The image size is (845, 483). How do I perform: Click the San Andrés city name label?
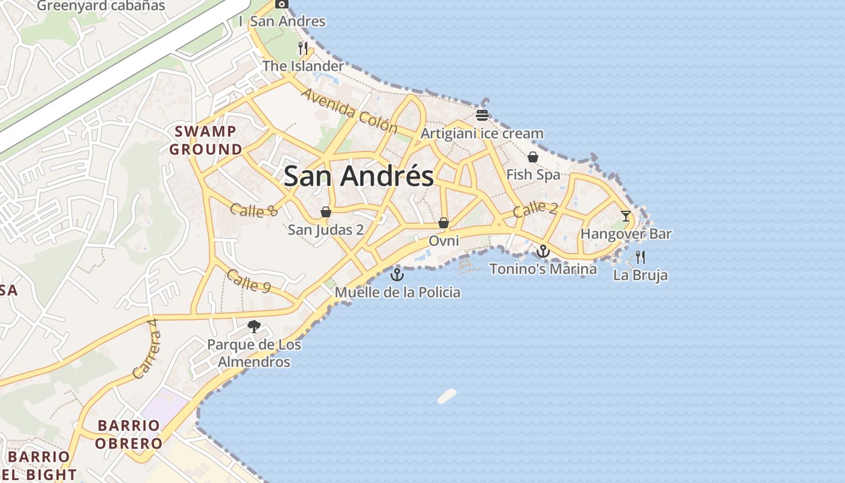(x=359, y=176)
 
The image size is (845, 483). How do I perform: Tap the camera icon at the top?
(x=281, y=4)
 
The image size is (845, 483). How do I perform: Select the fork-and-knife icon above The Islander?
(x=303, y=48)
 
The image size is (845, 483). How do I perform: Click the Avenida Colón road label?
(x=349, y=111)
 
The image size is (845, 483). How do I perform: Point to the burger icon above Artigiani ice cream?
(x=482, y=115)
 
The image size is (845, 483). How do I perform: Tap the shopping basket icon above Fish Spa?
(x=533, y=157)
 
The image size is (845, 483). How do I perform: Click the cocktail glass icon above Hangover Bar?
(x=626, y=216)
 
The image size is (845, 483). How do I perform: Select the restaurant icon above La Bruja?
(x=640, y=257)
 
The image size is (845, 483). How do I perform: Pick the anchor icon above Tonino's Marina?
(x=543, y=251)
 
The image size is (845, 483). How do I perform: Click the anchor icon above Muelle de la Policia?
(x=397, y=275)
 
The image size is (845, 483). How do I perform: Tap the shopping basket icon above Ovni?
(x=444, y=223)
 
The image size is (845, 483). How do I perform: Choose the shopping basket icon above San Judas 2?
(x=326, y=212)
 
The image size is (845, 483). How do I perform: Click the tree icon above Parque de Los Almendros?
(x=254, y=327)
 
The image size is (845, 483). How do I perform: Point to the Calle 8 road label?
(x=253, y=210)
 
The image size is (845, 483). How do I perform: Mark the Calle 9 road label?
(x=248, y=281)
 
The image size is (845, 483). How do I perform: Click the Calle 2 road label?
(x=535, y=209)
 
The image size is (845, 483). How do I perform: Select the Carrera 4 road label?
(x=147, y=357)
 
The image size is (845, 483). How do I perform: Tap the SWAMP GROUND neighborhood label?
(x=206, y=140)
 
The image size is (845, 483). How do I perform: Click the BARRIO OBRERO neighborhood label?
(x=130, y=434)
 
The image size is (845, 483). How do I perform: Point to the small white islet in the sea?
(x=447, y=396)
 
